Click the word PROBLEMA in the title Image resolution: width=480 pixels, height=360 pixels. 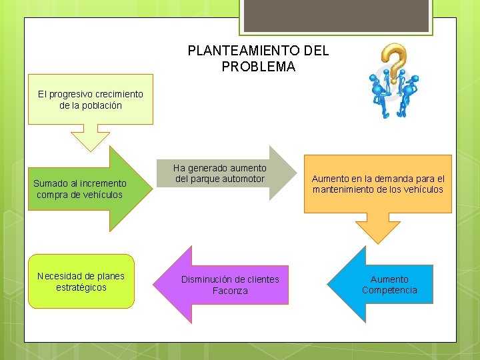[258, 67]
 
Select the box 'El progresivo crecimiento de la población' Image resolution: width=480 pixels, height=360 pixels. [90, 99]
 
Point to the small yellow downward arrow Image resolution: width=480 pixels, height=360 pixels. [90, 138]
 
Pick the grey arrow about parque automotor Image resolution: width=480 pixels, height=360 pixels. [227, 173]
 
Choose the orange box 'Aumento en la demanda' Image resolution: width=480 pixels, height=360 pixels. [377, 184]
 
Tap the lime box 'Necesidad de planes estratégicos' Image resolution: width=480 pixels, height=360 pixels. [81, 281]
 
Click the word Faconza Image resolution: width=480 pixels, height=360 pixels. [230, 291]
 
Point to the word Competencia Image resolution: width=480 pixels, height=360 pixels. [389, 290]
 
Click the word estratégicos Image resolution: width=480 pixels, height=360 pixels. [81, 287]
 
